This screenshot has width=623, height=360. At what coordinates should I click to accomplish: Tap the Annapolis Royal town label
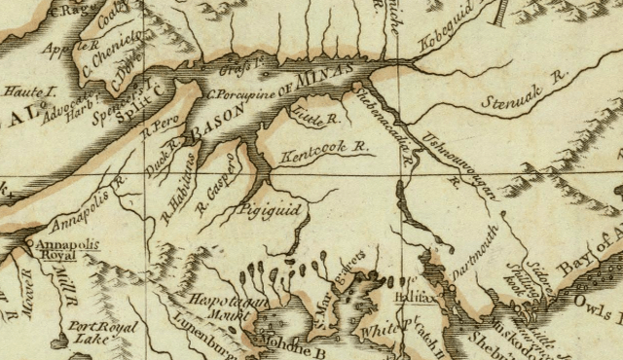click(x=59, y=239)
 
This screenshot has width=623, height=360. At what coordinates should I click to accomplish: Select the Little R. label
click(x=313, y=120)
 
